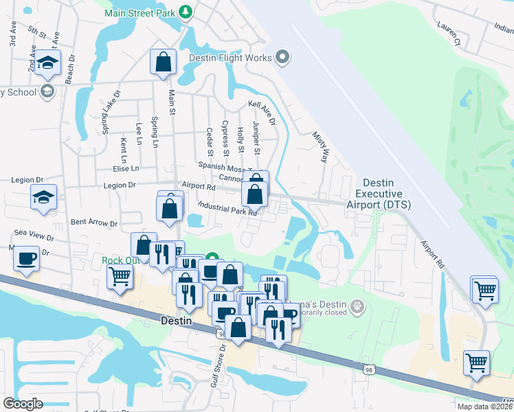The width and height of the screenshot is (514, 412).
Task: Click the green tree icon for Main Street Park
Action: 185,12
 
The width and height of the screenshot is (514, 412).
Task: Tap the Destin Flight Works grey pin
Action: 282,58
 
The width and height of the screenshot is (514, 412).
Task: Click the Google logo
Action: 23,403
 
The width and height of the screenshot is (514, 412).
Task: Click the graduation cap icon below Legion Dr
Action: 44,197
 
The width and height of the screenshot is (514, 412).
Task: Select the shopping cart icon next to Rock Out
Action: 120,277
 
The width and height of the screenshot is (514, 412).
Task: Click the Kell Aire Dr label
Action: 262,113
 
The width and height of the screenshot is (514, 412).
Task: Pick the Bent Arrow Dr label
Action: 94,223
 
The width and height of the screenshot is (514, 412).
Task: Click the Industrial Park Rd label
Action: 227,208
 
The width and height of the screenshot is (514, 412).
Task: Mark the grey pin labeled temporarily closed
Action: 356,306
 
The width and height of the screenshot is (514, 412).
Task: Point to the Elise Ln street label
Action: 126,168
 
